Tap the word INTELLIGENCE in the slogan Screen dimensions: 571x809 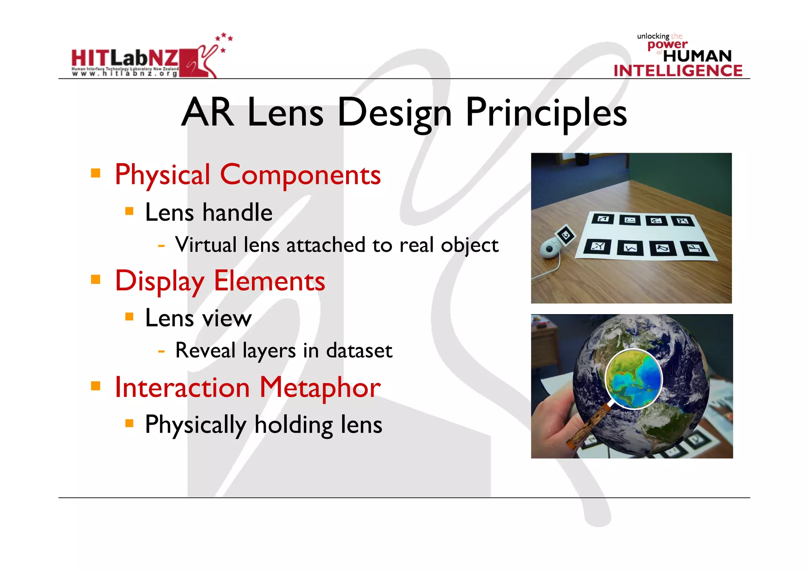(x=678, y=71)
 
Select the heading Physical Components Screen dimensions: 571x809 (x=248, y=175)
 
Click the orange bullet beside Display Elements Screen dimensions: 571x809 (x=95, y=280)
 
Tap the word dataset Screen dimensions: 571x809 (x=359, y=350)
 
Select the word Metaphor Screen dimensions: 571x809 (x=320, y=387)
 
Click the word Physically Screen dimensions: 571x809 (x=196, y=425)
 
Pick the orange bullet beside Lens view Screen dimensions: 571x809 (x=129, y=316)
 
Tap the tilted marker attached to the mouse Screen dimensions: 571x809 (x=565, y=236)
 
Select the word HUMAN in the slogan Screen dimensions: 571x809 (x=697, y=56)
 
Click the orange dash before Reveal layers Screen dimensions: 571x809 (x=161, y=350)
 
